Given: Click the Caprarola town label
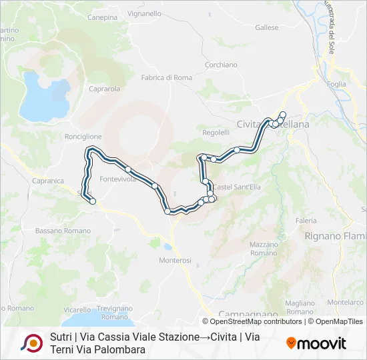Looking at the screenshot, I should click(x=104, y=88).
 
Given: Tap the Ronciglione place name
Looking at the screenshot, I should click(x=83, y=137).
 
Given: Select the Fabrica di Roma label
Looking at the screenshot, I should click(x=166, y=78).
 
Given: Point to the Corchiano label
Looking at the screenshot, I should click(x=221, y=65).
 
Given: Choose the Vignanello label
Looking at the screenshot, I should click(x=144, y=13).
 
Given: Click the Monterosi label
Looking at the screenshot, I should click(x=175, y=260).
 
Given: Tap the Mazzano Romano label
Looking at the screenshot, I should click(x=264, y=249).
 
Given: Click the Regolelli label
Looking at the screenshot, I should click(x=216, y=133).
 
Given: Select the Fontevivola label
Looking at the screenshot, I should click(x=117, y=179).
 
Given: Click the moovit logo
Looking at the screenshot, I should click(x=316, y=343).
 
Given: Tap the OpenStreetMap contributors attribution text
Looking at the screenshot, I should click(x=257, y=321).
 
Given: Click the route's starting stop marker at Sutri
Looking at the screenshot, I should click(x=93, y=201).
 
